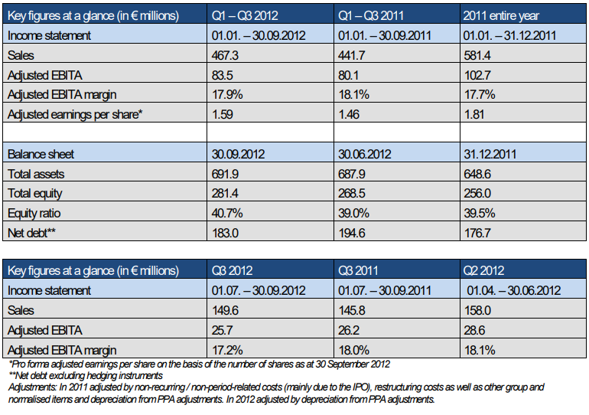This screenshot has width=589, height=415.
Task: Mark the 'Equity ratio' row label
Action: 35,214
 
